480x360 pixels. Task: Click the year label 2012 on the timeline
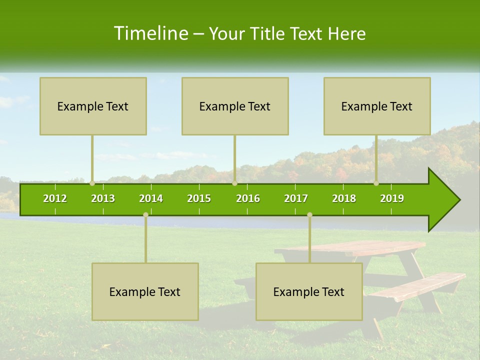point(55,198)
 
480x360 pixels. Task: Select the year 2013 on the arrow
point(103,198)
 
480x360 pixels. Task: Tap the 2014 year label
point(151,198)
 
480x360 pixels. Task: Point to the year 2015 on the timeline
point(199,198)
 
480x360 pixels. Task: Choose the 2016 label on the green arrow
point(248,198)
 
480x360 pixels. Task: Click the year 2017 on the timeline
point(296,198)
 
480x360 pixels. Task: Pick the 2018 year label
point(344,198)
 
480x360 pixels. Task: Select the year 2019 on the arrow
point(392,198)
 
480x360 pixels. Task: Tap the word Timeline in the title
point(149,33)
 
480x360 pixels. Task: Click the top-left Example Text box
point(93,106)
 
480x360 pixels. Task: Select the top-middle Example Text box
point(235,106)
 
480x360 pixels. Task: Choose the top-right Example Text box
point(377,106)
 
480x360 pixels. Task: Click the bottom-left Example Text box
point(145,291)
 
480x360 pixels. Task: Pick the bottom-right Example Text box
point(309,291)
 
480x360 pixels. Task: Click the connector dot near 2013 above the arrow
point(92,183)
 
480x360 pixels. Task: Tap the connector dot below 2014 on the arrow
point(145,214)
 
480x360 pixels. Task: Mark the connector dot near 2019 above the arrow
point(376,183)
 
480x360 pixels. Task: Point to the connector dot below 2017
point(309,214)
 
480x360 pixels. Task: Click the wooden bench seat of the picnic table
point(420,286)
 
